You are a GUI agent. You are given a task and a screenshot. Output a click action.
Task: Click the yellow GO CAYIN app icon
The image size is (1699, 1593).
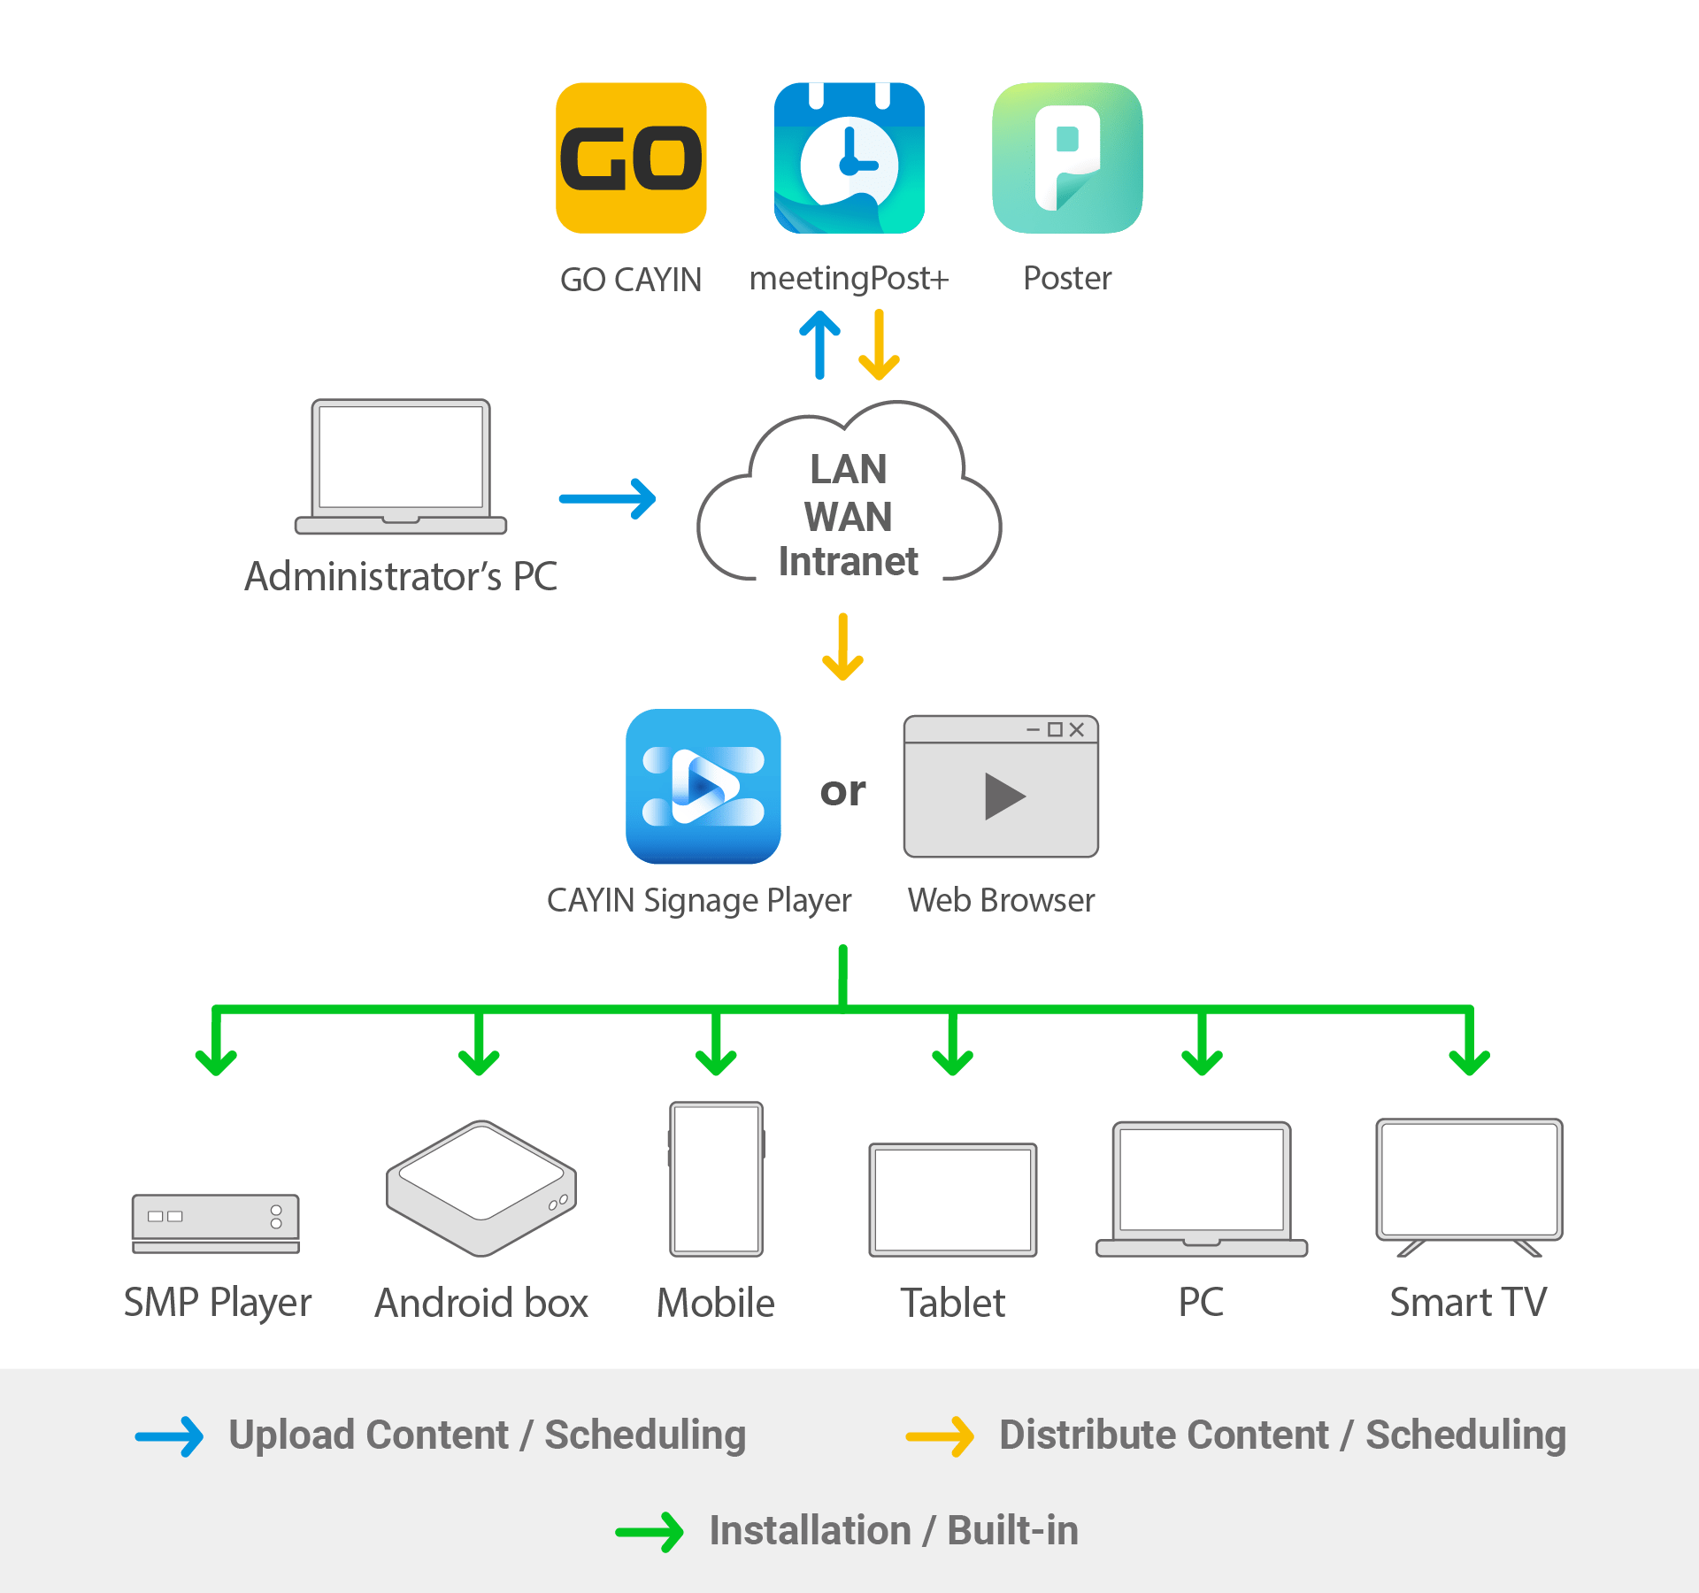tap(631, 158)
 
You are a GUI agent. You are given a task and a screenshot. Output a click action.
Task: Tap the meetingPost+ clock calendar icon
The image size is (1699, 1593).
tap(849, 158)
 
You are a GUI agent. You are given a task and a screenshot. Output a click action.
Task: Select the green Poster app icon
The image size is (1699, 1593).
tap(1067, 158)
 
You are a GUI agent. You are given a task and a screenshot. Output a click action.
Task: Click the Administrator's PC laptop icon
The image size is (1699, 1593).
tap(401, 466)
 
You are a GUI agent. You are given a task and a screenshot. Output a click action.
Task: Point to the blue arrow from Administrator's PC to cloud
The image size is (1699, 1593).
tap(607, 499)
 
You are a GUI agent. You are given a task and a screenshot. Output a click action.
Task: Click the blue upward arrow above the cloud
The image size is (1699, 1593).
tap(819, 345)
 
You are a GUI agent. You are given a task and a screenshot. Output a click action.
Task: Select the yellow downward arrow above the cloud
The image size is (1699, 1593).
tap(879, 345)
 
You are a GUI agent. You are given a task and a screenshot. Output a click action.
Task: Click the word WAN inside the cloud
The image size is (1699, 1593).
tap(848, 517)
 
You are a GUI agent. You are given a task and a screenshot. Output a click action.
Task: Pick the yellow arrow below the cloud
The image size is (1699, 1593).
tap(842, 647)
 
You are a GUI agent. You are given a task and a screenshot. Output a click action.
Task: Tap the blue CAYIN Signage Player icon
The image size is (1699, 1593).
tap(703, 786)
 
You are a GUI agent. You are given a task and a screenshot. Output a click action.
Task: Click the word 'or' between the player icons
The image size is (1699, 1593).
tap(842, 791)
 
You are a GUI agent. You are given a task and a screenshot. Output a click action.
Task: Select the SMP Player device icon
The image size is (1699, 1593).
tap(216, 1223)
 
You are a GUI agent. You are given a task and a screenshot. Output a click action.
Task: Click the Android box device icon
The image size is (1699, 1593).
tap(481, 1189)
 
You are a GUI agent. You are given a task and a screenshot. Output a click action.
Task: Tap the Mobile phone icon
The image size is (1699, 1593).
tap(716, 1179)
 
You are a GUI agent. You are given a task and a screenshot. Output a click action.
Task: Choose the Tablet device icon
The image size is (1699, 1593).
tap(953, 1200)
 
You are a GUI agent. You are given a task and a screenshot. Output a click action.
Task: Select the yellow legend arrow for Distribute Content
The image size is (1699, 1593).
tap(940, 1436)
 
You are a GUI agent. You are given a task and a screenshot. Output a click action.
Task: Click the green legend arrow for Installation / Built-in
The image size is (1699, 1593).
tap(650, 1532)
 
